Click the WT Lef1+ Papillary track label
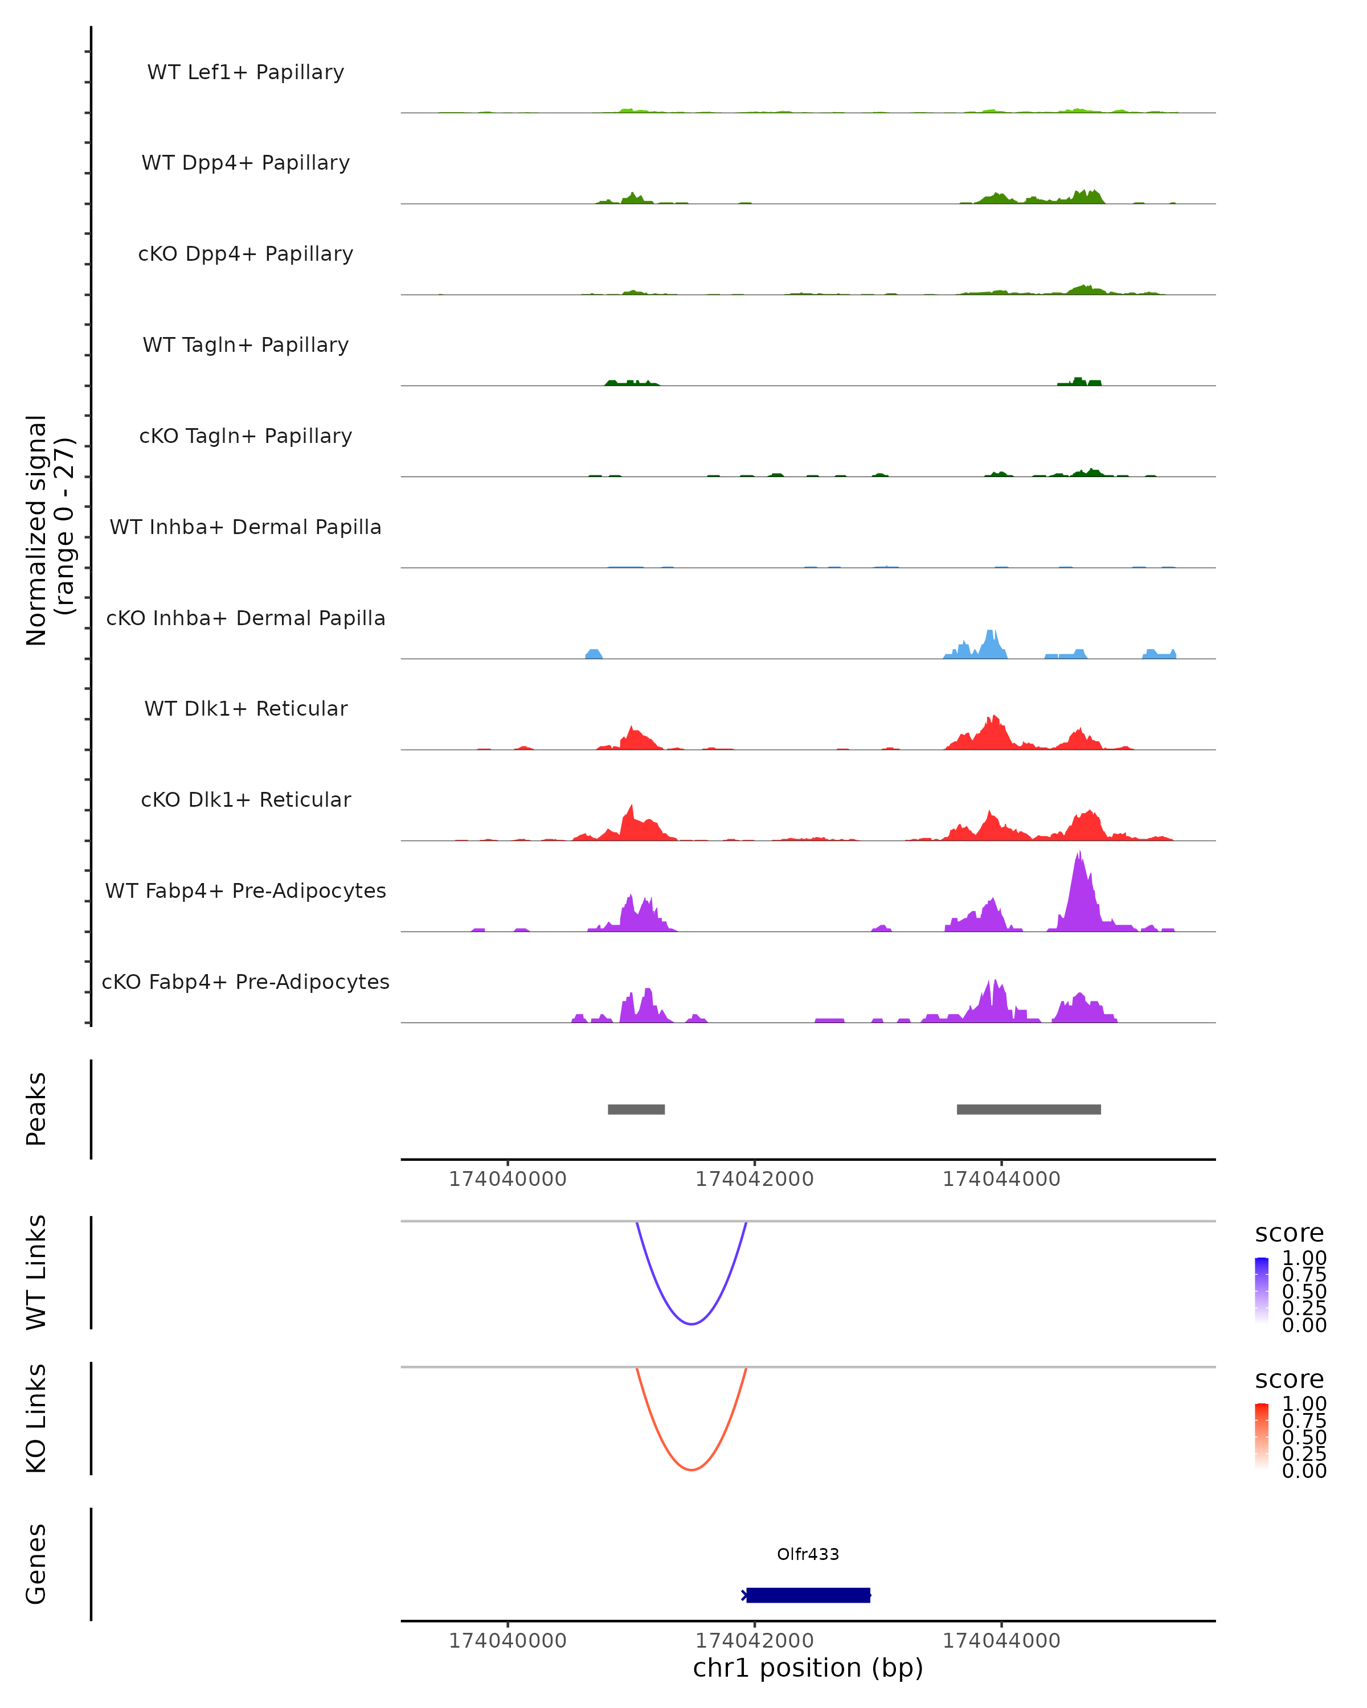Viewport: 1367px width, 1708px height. (245, 72)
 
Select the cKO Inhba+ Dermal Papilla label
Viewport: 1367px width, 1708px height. (245, 618)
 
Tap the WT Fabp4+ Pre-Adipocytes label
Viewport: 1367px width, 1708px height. (245, 890)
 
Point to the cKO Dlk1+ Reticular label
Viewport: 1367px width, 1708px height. (245, 799)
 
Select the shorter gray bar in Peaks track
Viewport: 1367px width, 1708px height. (636, 1109)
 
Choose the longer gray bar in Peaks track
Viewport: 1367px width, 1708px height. (1028, 1109)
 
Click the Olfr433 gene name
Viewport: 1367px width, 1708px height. (808, 1554)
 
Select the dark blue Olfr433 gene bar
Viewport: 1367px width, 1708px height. (808, 1595)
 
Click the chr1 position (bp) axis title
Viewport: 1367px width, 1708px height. (808, 1668)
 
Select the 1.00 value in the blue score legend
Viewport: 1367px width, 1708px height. (1304, 1258)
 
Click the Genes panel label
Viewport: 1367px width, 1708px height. (36, 1564)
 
